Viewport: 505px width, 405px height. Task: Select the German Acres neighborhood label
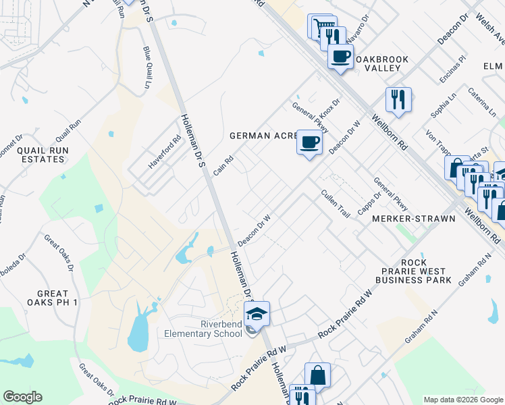tap(264, 136)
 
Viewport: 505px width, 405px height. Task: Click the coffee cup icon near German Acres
tap(309, 143)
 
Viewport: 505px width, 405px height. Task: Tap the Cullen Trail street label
tap(336, 203)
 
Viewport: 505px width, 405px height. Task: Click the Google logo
tap(22, 397)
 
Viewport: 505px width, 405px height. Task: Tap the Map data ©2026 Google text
tap(462, 400)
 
